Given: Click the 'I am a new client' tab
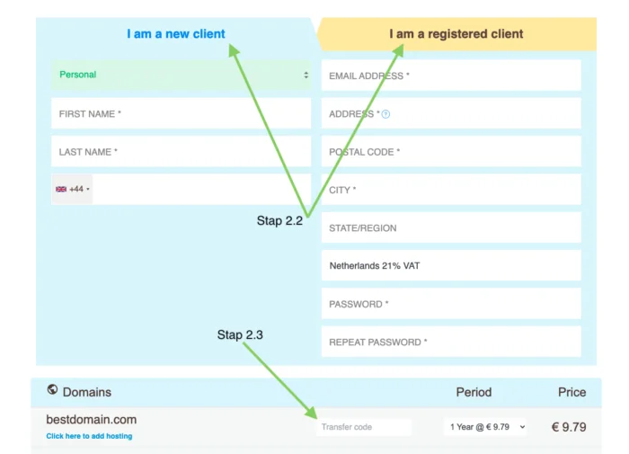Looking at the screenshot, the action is point(176,34).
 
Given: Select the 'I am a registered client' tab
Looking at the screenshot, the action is point(456,34).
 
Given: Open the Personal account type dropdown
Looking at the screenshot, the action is point(181,75).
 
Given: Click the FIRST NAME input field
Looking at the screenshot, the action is point(181,113).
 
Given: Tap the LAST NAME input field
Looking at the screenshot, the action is point(181,152).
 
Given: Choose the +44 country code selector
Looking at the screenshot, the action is point(72,189).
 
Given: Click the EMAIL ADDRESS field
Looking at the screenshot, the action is point(451,76).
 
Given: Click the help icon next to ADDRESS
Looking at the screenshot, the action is point(385,114).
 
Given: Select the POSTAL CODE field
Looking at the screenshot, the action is point(451,152).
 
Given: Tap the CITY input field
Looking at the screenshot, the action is point(451,190).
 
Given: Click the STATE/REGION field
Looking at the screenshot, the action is point(451,227).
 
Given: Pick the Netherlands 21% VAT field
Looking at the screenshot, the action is point(451,265).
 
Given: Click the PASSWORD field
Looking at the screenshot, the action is point(451,304).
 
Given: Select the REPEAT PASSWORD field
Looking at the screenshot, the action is point(451,342).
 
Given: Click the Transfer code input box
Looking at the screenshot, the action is point(364,427).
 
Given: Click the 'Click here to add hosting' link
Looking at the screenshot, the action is point(89,436).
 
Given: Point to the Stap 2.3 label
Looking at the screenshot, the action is point(240,334).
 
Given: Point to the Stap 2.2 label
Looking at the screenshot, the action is point(279,220).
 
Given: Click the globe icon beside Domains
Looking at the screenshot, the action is point(52,389).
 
